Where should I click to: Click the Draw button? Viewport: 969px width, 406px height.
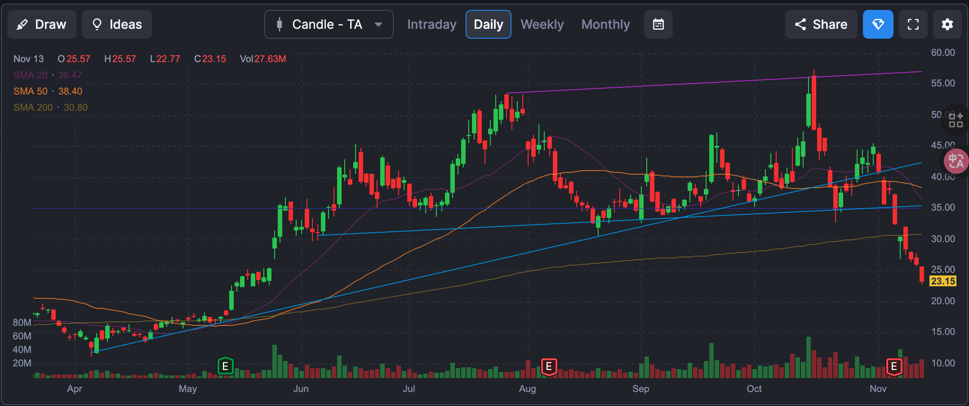(x=41, y=24)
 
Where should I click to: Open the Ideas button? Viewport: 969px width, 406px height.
(x=116, y=24)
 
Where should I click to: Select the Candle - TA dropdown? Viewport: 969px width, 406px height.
(x=329, y=24)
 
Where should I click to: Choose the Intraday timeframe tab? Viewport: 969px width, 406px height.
(x=431, y=24)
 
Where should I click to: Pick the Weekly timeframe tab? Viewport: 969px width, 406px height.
(x=542, y=24)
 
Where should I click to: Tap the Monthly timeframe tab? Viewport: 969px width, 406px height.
(x=605, y=24)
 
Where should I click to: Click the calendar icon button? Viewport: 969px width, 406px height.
(x=658, y=24)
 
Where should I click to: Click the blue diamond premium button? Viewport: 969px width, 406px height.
(x=877, y=24)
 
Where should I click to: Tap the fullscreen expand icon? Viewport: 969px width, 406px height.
(x=913, y=24)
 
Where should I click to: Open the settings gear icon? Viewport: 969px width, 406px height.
(x=947, y=24)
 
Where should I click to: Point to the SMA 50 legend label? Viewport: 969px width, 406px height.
(x=48, y=91)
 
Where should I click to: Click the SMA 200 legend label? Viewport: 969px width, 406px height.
(x=50, y=108)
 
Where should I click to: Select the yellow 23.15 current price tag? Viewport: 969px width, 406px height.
(x=942, y=281)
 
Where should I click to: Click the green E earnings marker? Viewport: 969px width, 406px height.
(x=225, y=366)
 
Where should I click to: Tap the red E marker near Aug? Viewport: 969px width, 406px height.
(x=549, y=366)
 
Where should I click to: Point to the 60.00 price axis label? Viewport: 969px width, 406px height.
(x=943, y=53)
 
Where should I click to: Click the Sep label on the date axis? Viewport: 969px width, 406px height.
(x=640, y=389)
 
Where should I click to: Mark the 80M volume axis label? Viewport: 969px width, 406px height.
(x=22, y=323)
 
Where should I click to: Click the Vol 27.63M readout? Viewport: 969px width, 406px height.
(x=263, y=59)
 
